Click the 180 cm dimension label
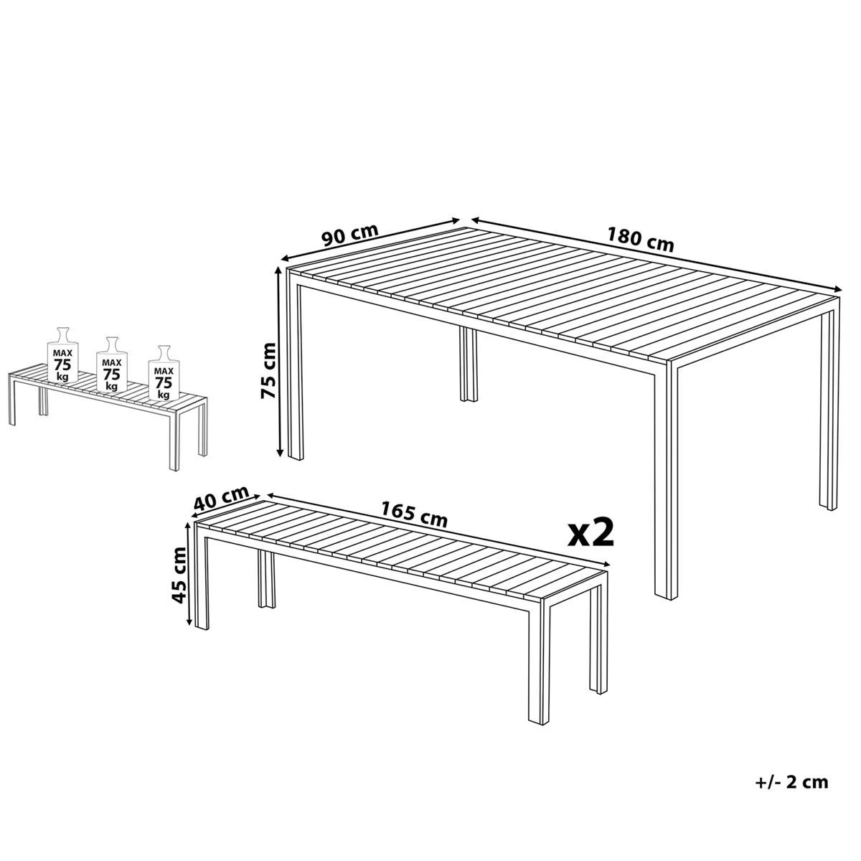[640, 240]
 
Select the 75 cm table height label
[268, 371]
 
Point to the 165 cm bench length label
[414, 514]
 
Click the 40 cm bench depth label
[221, 497]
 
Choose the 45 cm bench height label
[179, 575]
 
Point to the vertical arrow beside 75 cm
[280, 362]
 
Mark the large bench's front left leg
[202, 578]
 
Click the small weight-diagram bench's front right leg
[174, 441]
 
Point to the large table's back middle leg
[469, 364]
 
